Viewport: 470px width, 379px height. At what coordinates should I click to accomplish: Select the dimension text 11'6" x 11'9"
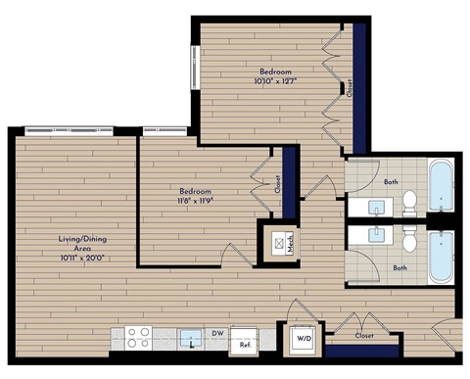(197, 200)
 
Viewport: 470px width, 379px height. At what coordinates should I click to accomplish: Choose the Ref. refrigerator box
(245, 342)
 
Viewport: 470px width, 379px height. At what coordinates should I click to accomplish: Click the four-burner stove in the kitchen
(139, 338)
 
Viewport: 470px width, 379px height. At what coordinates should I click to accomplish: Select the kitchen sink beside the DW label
(188, 339)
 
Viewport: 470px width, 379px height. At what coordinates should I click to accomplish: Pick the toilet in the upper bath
(410, 204)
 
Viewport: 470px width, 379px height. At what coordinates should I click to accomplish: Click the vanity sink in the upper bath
(375, 207)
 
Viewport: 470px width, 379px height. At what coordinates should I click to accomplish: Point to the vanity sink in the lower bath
(375, 236)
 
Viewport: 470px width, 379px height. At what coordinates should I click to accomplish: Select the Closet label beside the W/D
(365, 336)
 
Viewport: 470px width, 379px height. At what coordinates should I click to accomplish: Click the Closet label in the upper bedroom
(349, 88)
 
